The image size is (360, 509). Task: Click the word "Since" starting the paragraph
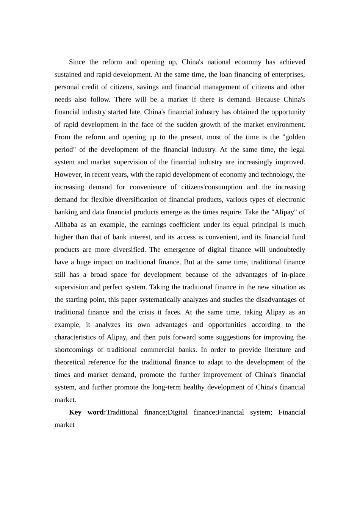click(x=77, y=62)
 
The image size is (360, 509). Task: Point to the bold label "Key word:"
click(x=88, y=412)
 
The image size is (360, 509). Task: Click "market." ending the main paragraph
click(x=65, y=400)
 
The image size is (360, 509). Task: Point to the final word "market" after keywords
click(x=64, y=425)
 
